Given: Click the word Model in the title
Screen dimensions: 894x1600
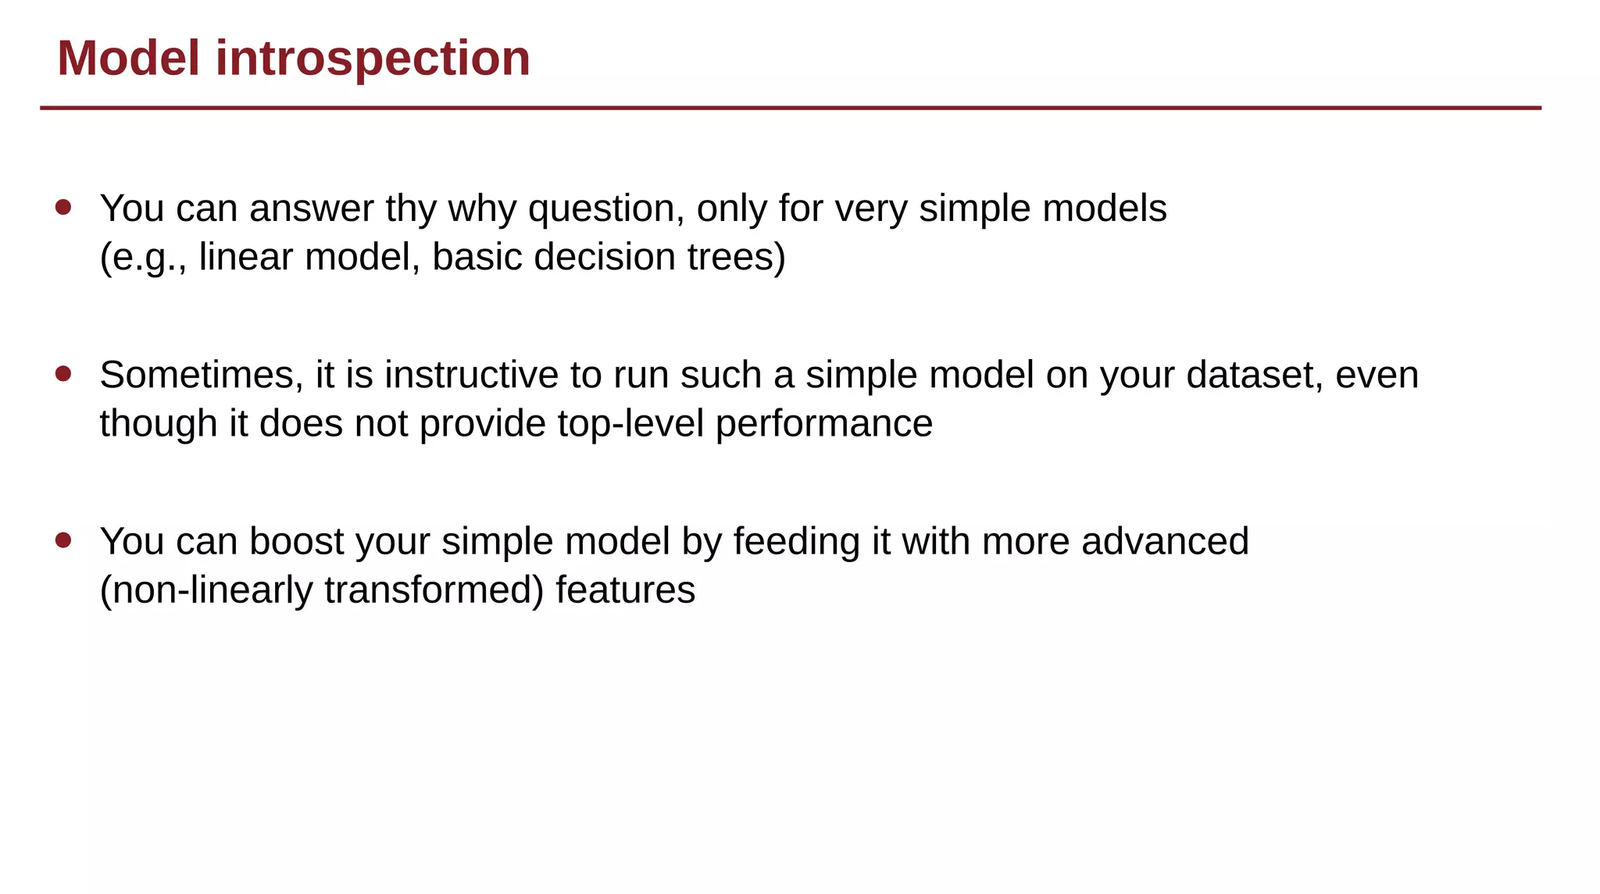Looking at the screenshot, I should (128, 59).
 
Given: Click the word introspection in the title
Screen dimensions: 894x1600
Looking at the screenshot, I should (373, 59).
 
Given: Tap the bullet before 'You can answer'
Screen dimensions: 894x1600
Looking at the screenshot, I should (63, 207).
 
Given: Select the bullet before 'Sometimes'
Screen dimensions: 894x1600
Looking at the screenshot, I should (63, 373).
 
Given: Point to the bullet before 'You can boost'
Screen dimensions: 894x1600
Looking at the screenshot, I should (63, 540).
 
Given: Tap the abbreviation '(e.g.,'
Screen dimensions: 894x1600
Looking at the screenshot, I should (143, 258).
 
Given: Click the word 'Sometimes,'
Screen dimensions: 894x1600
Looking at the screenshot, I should (202, 376).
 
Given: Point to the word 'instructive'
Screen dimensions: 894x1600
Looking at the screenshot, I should (470, 376).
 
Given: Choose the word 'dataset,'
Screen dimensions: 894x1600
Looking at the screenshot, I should (1254, 376).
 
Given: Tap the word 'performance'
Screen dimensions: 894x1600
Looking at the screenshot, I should (823, 424).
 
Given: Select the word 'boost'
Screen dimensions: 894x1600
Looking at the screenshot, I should (296, 542).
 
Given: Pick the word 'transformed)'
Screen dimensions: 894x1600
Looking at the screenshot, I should (434, 590).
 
